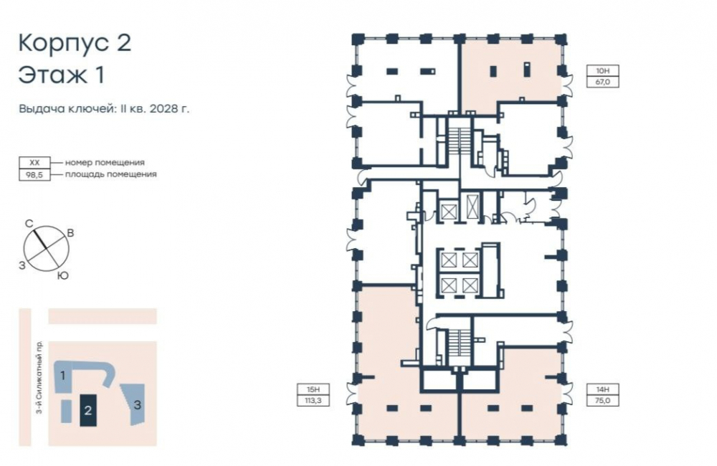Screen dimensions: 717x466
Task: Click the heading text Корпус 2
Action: point(75,44)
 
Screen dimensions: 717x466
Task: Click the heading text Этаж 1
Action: point(62,75)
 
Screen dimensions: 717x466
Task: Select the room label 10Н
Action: point(603,71)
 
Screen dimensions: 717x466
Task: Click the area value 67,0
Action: point(603,82)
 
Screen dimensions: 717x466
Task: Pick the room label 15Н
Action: point(313,389)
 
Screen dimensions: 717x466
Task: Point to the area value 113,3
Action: point(313,401)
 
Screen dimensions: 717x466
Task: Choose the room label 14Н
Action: point(603,389)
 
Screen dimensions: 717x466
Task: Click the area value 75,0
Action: point(603,401)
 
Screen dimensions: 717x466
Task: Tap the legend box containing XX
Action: point(34,163)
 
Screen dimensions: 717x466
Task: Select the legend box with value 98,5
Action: point(34,175)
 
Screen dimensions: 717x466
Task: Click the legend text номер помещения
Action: point(105,162)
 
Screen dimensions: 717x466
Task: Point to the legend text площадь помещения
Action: point(110,174)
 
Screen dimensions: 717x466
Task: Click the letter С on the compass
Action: point(29,224)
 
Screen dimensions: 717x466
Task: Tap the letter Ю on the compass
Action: point(63,276)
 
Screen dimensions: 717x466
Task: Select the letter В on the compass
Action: point(70,233)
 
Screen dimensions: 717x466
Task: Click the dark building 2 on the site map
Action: point(88,410)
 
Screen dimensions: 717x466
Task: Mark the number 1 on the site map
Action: point(63,376)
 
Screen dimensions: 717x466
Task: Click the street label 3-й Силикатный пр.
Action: point(39,377)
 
